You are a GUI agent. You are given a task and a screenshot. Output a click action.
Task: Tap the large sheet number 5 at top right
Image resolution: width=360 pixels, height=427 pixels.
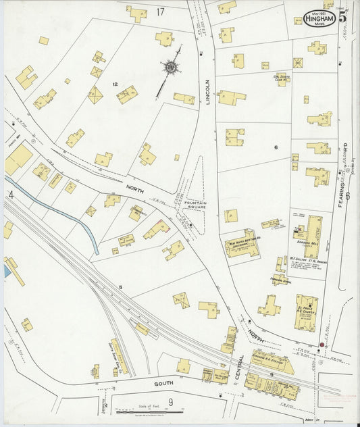(344, 17)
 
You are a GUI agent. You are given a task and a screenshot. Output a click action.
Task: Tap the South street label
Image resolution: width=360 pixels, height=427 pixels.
(163, 383)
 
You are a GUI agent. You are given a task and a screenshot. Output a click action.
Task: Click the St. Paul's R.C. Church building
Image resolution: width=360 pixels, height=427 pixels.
(306, 312)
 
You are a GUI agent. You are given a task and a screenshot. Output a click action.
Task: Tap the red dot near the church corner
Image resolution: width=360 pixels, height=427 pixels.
(321, 345)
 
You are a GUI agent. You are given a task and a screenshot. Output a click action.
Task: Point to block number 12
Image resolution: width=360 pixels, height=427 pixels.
(115, 84)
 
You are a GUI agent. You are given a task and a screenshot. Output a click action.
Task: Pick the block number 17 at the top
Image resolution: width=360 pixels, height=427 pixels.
(160, 11)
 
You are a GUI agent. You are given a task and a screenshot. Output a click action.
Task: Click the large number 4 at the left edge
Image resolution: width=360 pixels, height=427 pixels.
(10, 195)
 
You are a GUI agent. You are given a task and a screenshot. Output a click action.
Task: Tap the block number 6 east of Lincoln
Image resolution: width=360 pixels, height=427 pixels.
(276, 147)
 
